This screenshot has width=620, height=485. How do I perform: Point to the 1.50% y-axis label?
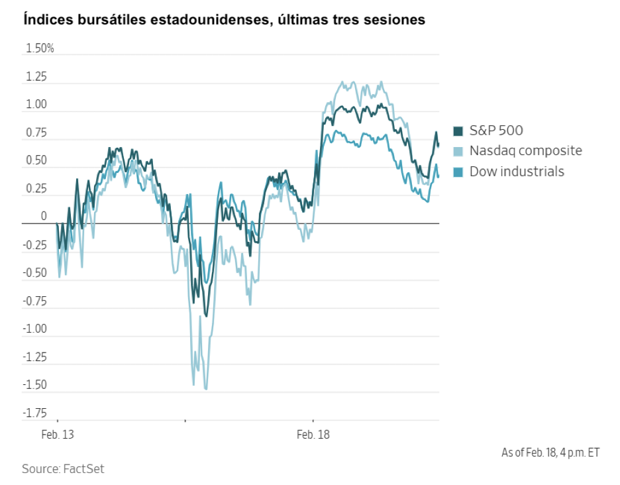coord(40,48)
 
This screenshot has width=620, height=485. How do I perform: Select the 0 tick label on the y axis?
coord(44,217)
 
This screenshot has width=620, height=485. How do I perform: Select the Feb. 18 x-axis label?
coord(313,435)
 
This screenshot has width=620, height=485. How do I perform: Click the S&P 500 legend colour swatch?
coord(458,131)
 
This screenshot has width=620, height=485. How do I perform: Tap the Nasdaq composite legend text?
coord(525,151)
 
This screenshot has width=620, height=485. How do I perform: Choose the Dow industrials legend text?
coord(517,172)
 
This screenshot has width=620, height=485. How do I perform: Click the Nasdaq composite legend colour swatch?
coord(458,152)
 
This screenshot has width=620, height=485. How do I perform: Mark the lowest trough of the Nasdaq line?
coord(206,389)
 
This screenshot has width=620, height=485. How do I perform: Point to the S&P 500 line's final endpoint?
coord(439,145)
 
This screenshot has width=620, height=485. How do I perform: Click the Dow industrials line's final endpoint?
coord(439,177)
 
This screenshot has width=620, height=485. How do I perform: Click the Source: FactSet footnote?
coord(63,469)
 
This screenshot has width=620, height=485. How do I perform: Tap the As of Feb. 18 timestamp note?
coord(550,453)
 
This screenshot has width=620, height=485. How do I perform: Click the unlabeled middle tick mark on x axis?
coord(185,419)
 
